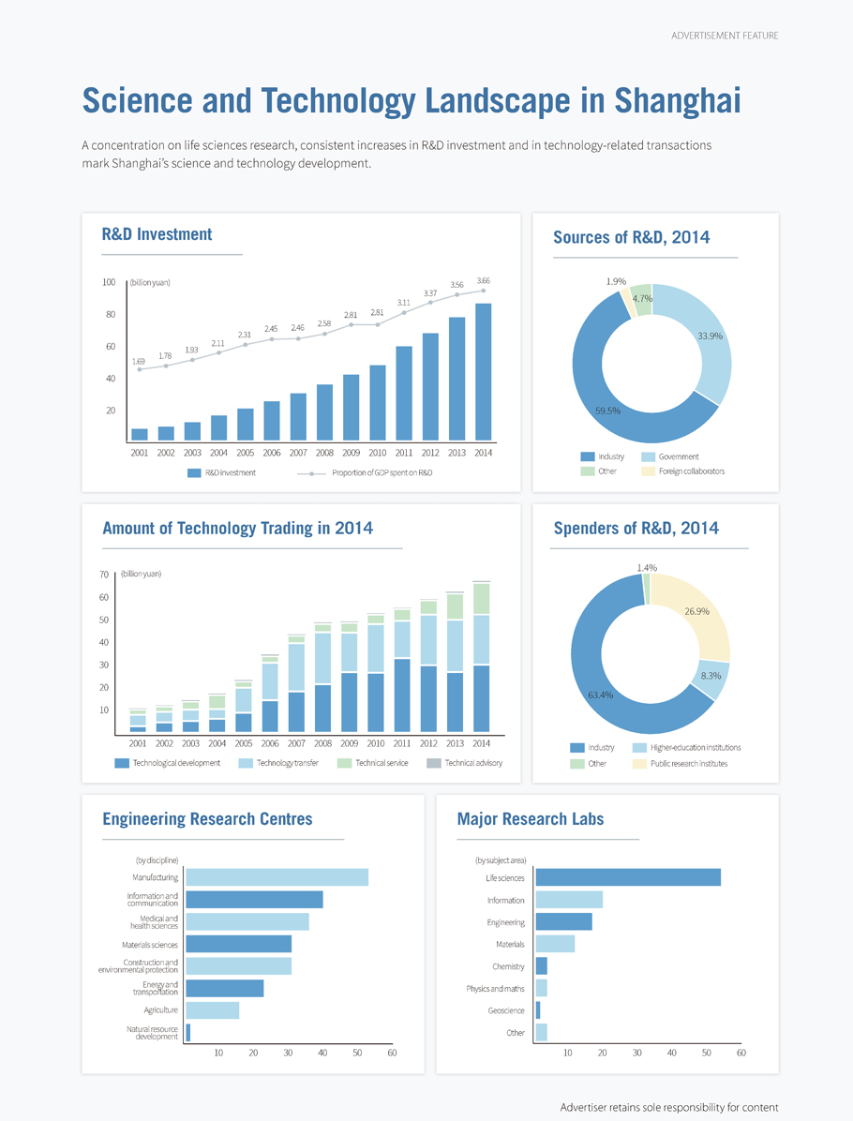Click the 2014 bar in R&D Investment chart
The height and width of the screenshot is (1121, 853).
(484, 372)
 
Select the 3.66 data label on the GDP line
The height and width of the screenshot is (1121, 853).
(484, 281)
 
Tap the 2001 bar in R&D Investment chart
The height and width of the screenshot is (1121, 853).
(140, 435)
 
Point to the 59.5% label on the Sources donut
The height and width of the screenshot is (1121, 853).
(607, 411)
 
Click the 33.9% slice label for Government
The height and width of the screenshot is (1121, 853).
(710, 336)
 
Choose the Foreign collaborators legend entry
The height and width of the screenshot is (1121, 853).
(683, 471)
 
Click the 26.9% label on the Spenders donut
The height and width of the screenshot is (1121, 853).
(697, 611)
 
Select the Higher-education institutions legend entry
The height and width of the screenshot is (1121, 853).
(687, 748)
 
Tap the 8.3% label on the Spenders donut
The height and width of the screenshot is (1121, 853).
(711, 676)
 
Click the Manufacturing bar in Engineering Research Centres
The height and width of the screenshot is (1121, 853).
(277, 877)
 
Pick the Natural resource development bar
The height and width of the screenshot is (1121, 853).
(188, 1032)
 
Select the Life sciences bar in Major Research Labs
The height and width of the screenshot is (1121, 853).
(628, 877)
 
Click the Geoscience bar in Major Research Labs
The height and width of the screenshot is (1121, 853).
(538, 1010)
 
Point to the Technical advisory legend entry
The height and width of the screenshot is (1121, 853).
(465, 763)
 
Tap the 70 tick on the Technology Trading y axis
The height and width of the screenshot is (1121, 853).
(104, 575)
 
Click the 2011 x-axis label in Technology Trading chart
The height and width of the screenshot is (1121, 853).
(402, 743)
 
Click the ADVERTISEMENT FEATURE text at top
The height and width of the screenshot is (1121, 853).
(725, 36)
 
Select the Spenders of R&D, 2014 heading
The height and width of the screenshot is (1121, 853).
(636, 529)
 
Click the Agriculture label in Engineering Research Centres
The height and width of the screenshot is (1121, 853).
(161, 1010)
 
